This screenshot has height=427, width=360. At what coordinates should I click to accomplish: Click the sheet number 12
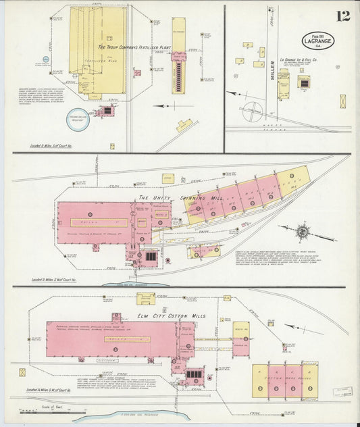click(343, 16)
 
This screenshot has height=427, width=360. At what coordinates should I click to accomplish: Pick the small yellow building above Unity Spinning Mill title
click(168, 178)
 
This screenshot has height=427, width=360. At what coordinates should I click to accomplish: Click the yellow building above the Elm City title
click(145, 297)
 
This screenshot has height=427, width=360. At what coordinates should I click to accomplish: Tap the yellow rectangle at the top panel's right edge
click(343, 101)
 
